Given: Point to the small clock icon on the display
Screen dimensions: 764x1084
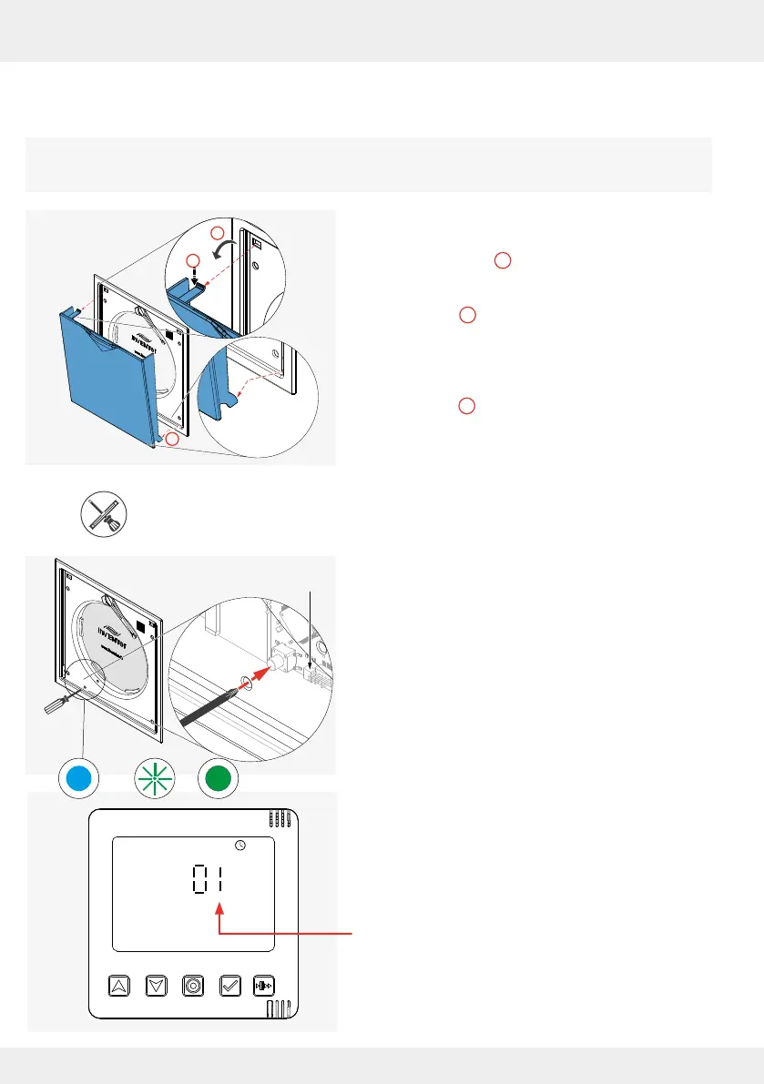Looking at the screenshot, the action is click(239, 845).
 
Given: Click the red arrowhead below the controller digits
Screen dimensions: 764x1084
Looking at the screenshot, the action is click(220, 907).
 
